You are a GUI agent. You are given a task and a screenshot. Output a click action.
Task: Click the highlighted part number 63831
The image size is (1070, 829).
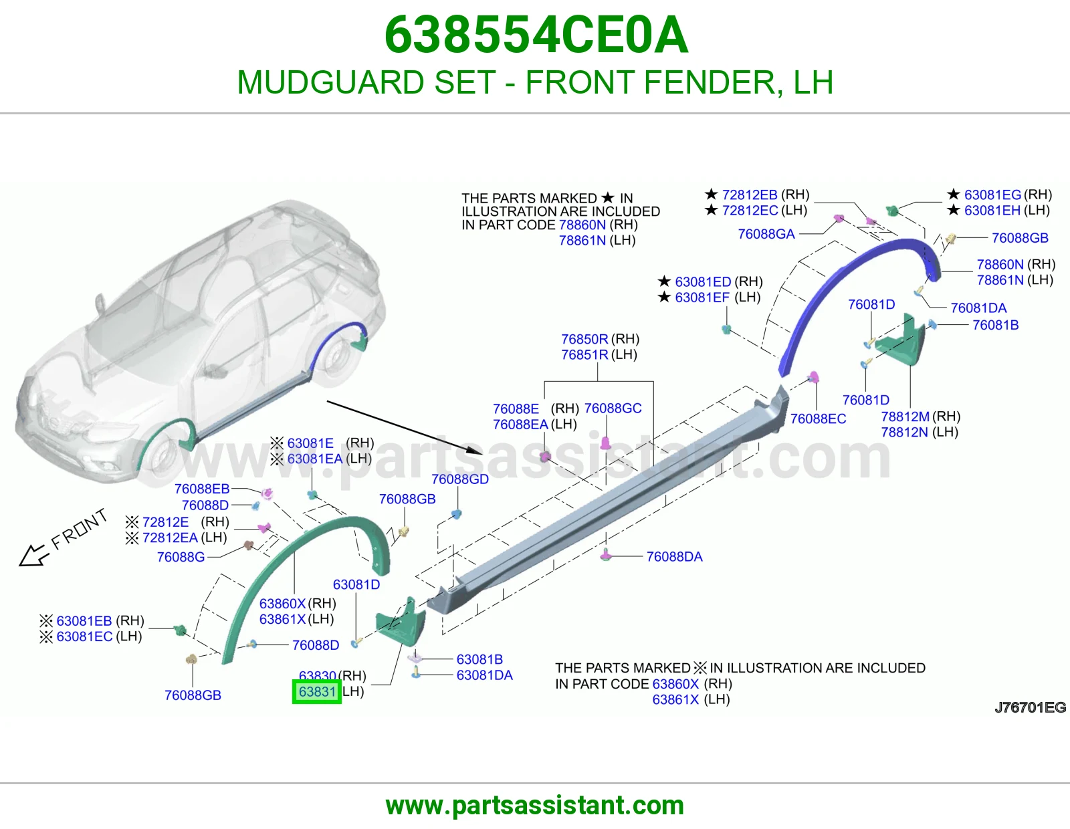pos(316,692)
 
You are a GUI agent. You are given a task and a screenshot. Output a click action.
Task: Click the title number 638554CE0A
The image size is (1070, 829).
pos(536,35)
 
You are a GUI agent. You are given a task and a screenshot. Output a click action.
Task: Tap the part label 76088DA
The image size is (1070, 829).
pos(674,556)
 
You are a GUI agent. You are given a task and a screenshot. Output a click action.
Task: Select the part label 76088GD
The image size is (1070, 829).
pos(460,479)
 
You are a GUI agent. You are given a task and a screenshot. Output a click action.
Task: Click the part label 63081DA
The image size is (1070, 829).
pos(485,675)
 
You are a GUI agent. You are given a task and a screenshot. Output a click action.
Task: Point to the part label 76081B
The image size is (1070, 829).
pos(995,325)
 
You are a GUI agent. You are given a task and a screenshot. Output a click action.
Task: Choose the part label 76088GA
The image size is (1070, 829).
pos(766,234)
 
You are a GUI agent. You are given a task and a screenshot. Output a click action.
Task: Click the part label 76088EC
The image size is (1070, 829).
pos(818,419)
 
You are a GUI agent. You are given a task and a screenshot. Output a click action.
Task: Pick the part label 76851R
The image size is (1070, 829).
pos(584,354)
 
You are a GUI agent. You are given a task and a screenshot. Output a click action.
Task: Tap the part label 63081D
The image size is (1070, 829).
pos(356,584)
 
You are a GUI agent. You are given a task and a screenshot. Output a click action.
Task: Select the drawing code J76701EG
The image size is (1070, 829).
pos(1030,707)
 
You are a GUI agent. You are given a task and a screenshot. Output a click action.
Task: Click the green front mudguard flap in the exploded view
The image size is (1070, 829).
pos(401,622)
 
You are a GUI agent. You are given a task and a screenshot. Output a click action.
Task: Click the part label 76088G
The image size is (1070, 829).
pos(181,557)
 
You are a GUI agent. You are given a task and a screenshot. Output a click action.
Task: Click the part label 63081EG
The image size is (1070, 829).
pos(992,195)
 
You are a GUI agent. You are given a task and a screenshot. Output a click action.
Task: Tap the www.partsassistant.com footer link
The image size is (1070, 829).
pos(535,806)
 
